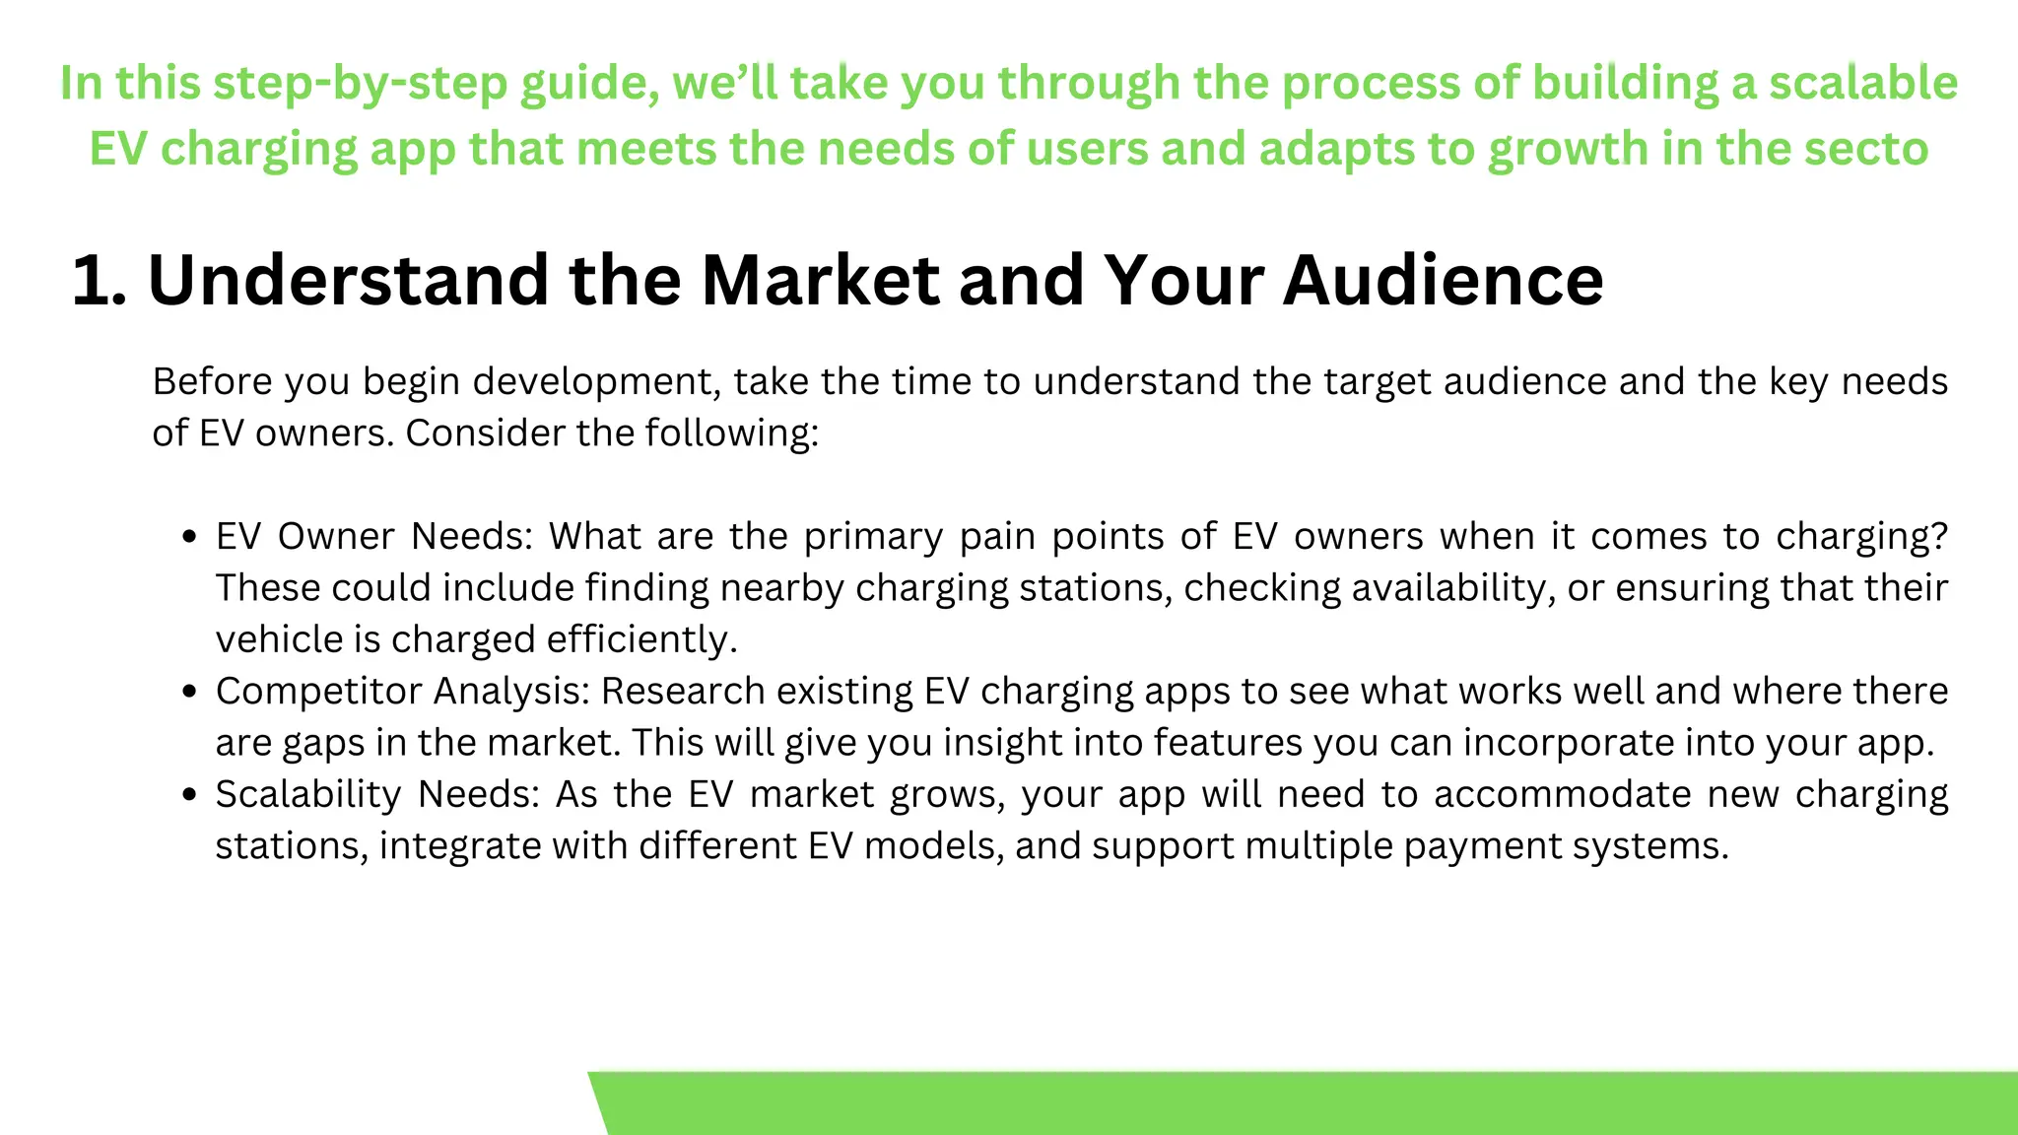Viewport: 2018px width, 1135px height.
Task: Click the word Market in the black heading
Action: coord(820,281)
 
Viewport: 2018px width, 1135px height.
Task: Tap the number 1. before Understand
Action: coord(100,281)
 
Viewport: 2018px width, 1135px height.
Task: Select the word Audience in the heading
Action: coord(1443,281)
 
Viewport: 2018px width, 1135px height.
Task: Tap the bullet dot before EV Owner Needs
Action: coord(190,538)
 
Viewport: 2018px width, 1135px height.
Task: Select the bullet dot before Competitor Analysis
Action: coord(190,693)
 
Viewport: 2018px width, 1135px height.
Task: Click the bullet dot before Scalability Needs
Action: coord(190,795)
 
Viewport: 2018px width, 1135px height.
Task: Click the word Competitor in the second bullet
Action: coord(317,692)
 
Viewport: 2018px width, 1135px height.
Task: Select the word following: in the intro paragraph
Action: coord(731,434)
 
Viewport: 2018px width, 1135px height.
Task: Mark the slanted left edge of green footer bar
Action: coord(598,1103)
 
